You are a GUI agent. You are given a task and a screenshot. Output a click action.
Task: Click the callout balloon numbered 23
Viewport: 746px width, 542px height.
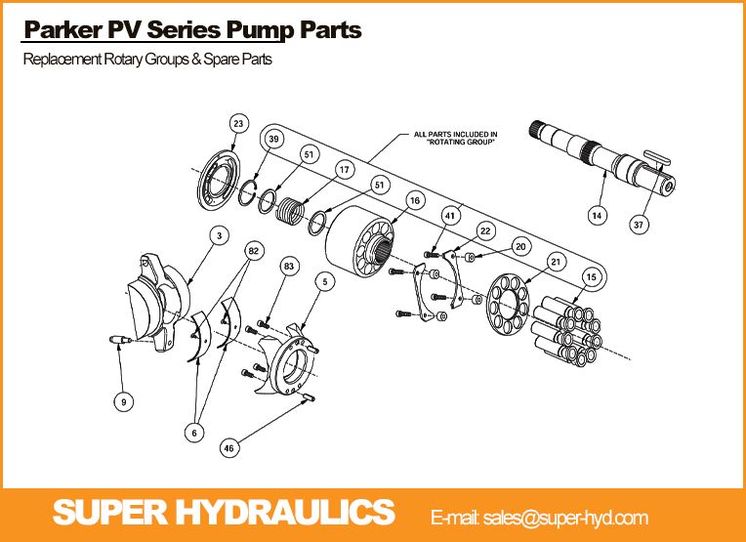(x=238, y=123)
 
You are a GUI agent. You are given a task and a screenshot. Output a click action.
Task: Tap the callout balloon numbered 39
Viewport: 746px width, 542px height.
(x=274, y=140)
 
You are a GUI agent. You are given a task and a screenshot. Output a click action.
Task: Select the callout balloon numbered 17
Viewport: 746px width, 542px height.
(x=343, y=170)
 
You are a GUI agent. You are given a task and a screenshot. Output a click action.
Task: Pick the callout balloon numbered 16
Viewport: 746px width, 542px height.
(x=415, y=200)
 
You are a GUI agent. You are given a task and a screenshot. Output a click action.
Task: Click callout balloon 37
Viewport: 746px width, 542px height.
(x=639, y=224)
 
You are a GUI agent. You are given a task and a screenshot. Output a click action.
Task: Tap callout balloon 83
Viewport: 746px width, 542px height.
(x=288, y=266)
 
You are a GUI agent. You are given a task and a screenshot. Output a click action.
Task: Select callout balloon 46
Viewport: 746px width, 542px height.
(x=229, y=448)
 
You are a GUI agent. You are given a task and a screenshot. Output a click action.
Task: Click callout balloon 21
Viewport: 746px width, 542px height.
(x=556, y=261)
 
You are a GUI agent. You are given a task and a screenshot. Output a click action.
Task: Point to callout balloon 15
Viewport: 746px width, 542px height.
(x=590, y=277)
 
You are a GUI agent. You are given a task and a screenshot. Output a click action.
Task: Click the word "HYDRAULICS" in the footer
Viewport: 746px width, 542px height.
(x=303, y=512)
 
